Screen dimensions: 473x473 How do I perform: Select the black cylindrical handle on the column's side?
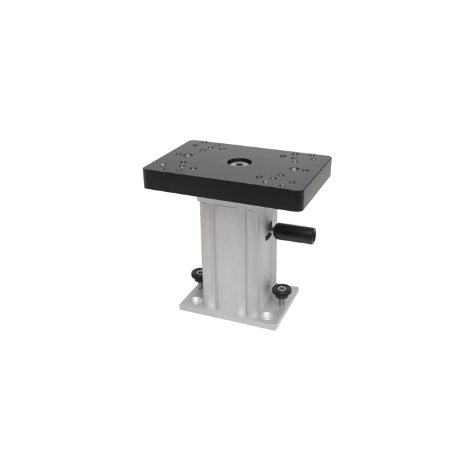tap(294, 233)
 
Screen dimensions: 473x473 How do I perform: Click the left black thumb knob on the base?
tap(196, 274)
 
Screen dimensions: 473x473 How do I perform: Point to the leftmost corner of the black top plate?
tap(144, 170)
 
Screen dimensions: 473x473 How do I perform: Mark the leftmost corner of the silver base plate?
tap(180, 305)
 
